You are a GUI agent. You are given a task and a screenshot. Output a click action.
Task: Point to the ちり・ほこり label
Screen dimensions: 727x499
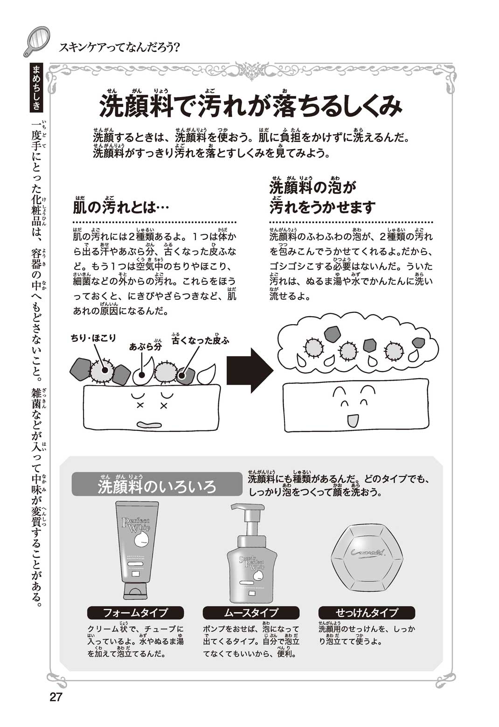pos(93,338)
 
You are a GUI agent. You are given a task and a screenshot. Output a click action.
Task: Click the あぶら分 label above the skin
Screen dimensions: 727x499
pos(146,346)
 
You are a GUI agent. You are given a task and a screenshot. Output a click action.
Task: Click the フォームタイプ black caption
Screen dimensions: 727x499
pos(135,612)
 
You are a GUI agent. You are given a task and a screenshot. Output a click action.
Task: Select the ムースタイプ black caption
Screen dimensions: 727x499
pos(251,612)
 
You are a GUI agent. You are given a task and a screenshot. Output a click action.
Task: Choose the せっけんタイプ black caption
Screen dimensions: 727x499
pos(367,612)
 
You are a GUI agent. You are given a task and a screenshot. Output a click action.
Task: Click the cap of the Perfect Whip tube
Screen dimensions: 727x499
pos(135,591)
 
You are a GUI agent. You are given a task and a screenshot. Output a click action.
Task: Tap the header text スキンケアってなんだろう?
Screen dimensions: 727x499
pos(120,47)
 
